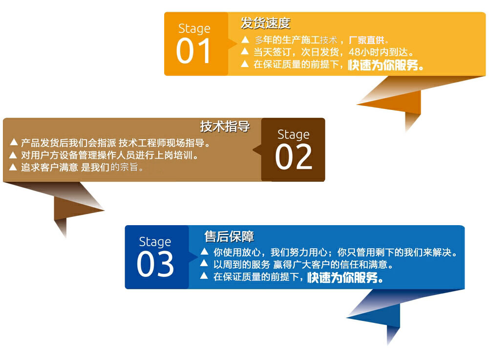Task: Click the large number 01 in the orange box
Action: tap(193, 51)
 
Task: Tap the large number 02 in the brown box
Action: tap(294, 156)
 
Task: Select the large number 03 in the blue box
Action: tap(155, 264)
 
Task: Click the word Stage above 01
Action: tap(194, 28)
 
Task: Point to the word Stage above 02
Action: tap(294, 135)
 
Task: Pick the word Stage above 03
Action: tap(155, 242)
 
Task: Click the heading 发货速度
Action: tap(266, 23)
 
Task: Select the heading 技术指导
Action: tap(225, 127)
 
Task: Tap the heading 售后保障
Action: tap(229, 236)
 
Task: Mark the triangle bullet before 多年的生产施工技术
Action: tap(245, 40)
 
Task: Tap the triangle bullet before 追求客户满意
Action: tap(13, 167)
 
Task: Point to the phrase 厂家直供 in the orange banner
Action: tap(366, 40)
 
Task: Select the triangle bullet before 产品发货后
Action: tap(14, 143)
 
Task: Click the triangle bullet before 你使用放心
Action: tap(205, 251)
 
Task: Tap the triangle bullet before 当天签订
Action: tap(245, 51)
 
